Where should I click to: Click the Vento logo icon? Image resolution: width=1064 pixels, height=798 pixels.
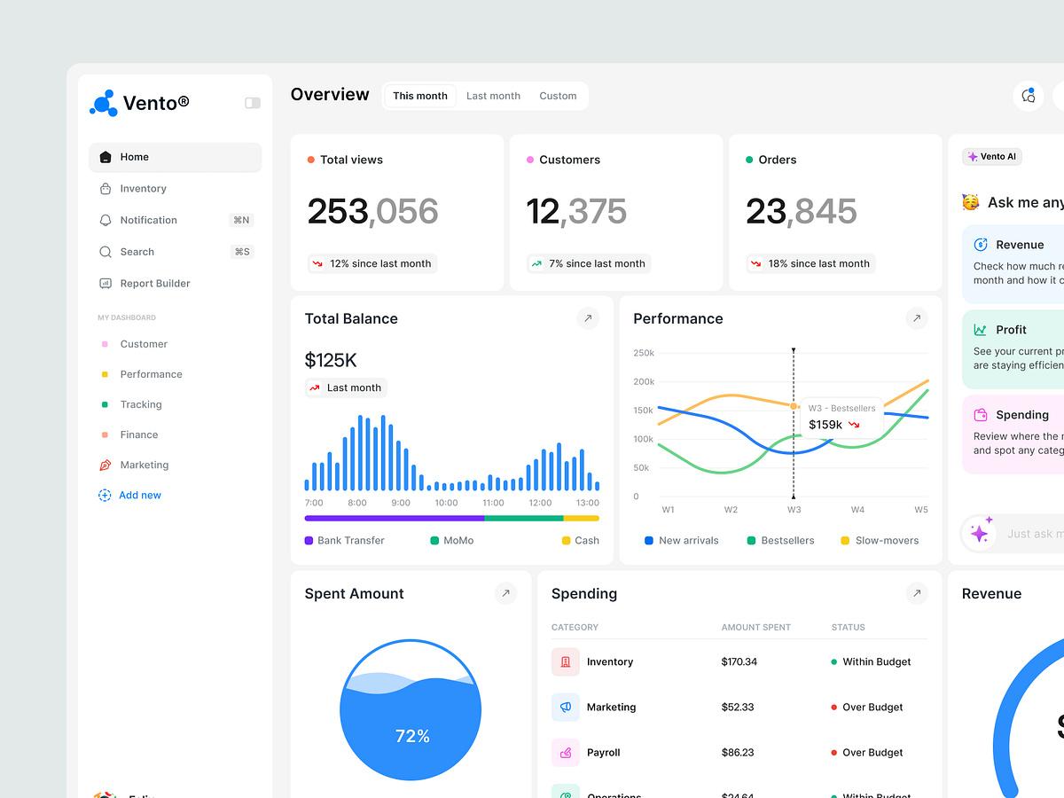pyautogui.click(x=104, y=103)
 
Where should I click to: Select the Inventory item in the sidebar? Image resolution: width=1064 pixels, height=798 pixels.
pyautogui.click(x=143, y=189)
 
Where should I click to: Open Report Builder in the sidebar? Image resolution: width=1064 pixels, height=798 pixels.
pyautogui.click(x=154, y=284)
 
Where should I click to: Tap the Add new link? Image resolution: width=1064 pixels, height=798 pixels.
pyautogui.click(x=139, y=496)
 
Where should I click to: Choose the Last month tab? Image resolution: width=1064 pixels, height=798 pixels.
pyautogui.click(x=493, y=96)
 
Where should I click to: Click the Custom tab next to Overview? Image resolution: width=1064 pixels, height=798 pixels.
pyautogui.click(x=558, y=96)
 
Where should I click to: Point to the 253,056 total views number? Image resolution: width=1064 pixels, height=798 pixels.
pyautogui.click(x=372, y=212)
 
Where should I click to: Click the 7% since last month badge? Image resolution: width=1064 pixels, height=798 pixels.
pyautogui.click(x=589, y=263)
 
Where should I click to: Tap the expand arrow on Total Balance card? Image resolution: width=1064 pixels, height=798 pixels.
pyautogui.click(x=588, y=318)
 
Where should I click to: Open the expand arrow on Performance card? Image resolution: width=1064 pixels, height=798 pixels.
pyautogui.click(x=917, y=318)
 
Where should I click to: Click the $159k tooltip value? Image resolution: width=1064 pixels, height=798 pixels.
pyautogui.click(x=825, y=425)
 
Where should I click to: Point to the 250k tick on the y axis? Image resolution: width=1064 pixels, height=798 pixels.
pyautogui.click(x=644, y=353)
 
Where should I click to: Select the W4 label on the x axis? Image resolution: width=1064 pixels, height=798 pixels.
pyautogui.click(x=857, y=510)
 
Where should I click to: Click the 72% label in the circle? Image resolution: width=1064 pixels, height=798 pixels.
pyautogui.click(x=412, y=736)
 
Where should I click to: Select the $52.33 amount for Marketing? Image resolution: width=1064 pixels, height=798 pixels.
pyautogui.click(x=738, y=707)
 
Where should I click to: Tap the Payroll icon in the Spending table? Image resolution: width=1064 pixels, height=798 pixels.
pyautogui.click(x=565, y=753)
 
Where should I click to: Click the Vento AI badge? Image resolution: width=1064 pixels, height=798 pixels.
pyautogui.click(x=992, y=157)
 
